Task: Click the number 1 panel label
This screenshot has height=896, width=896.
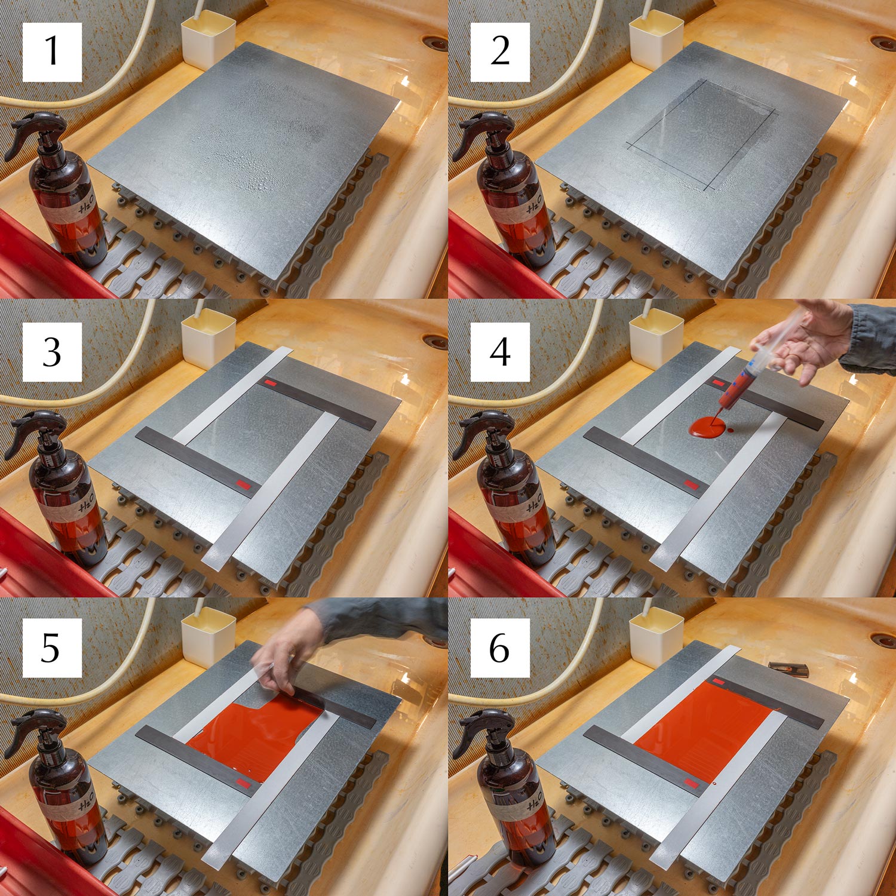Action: tap(52, 51)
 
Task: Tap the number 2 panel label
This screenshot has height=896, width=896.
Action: tap(500, 51)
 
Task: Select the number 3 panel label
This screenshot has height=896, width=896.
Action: tap(52, 352)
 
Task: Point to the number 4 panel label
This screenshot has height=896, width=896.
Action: tap(500, 352)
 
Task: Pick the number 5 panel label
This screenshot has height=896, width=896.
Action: tap(52, 648)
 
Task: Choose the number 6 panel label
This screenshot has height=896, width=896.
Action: tap(500, 648)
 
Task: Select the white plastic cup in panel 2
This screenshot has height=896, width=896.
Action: tap(656, 37)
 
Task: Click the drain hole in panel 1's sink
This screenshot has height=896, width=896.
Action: tap(434, 42)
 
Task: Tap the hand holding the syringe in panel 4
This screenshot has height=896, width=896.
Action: tap(803, 337)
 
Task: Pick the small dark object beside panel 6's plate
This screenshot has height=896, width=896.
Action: tap(788, 669)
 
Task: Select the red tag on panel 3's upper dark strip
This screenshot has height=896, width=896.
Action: tap(271, 382)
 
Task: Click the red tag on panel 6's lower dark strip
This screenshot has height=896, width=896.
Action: tap(691, 783)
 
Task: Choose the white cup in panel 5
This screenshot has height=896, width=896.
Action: tap(208, 636)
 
